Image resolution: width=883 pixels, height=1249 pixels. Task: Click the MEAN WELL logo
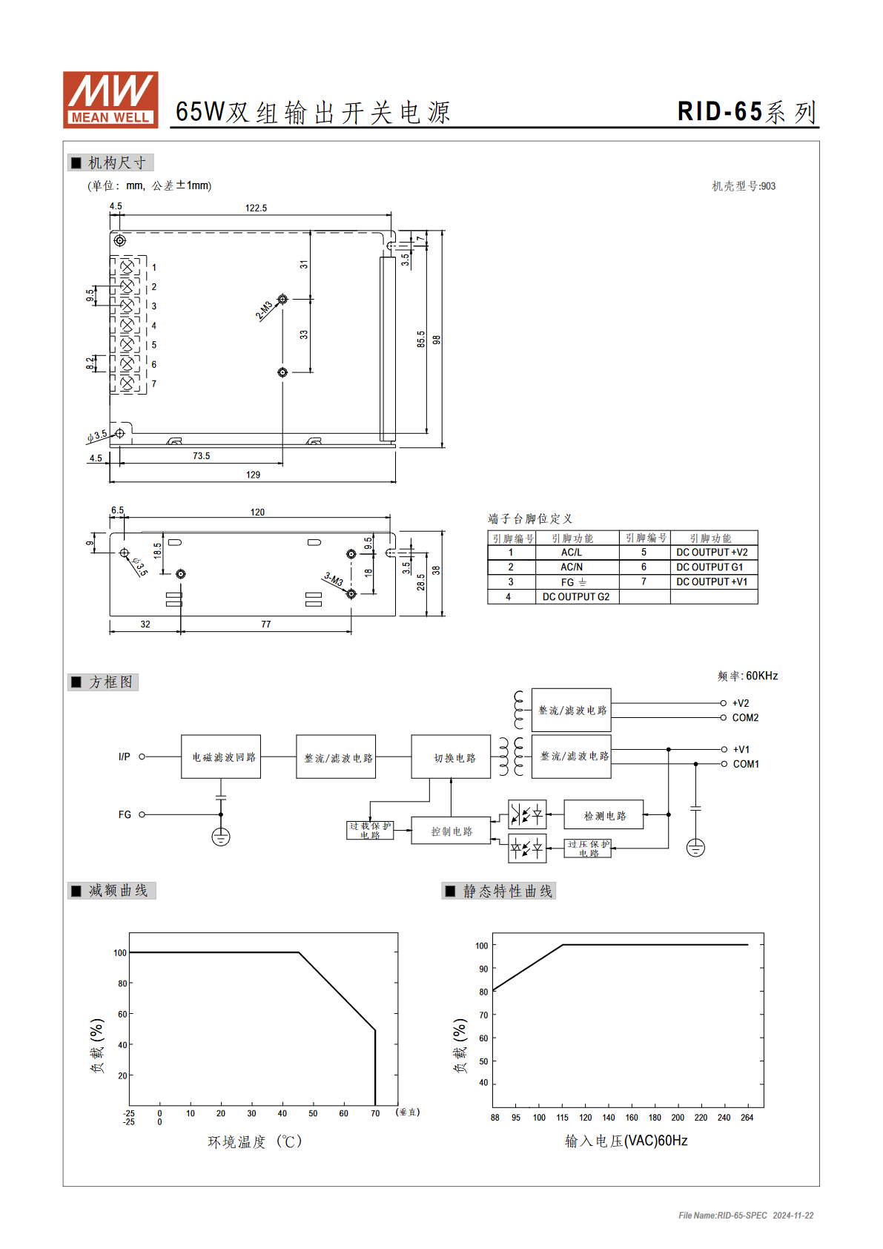tap(110, 100)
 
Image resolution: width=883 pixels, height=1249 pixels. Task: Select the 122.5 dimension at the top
tap(256, 208)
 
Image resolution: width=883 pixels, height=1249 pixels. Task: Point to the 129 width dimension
tap(253, 475)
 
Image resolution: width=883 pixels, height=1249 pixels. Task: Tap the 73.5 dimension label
tap(201, 455)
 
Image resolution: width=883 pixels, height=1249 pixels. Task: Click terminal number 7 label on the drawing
tap(154, 383)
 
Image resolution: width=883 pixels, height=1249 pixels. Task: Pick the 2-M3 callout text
tap(264, 310)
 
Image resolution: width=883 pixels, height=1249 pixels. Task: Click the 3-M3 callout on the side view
tap(334, 579)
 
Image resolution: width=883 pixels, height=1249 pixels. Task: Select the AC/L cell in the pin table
tap(572, 552)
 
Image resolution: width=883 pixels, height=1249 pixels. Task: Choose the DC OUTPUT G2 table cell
tap(576, 596)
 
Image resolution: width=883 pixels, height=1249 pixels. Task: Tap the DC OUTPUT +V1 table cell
tap(712, 581)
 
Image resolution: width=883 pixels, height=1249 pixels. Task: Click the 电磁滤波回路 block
tap(221, 757)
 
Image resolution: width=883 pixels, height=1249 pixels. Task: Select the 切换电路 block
tap(451, 757)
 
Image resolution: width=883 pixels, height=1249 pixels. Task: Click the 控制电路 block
tap(451, 831)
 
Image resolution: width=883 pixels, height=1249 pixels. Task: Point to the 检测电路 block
tap(603, 814)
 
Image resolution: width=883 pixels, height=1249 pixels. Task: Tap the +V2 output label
tap(741, 703)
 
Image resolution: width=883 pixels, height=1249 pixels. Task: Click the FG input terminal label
tap(125, 814)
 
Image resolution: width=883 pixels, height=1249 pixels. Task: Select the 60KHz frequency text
tap(762, 676)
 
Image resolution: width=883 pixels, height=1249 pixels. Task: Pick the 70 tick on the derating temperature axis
tap(375, 1113)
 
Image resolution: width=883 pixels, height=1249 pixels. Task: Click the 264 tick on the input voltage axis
tap(747, 1118)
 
